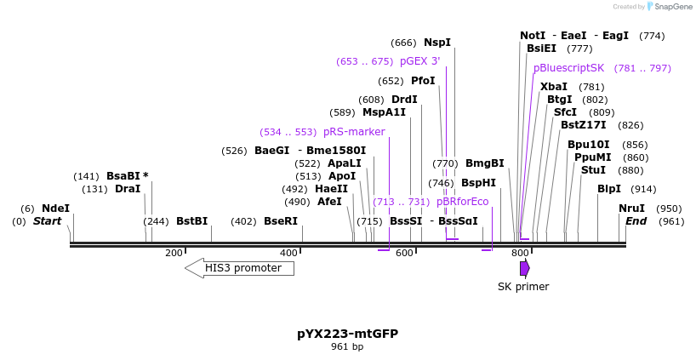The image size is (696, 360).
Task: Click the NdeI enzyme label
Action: (x=55, y=209)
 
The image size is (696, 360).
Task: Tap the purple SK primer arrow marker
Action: (x=524, y=268)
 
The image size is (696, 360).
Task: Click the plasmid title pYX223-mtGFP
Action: (x=347, y=334)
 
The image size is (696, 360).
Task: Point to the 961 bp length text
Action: (x=347, y=347)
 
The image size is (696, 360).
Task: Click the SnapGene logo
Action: (x=671, y=7)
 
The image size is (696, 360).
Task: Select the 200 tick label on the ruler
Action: (x=174, y=253)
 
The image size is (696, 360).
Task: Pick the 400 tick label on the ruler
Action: (x=289, y=253)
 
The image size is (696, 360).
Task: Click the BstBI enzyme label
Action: (x=191, y=221)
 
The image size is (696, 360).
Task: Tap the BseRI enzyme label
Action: (x=281, y=221)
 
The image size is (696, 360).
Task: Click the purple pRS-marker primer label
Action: (x=354, y=132)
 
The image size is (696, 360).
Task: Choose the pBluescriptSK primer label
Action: (x=568, y=68)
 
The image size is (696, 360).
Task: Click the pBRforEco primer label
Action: (x=462, y=202)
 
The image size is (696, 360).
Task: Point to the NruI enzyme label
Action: (x=631, y=209)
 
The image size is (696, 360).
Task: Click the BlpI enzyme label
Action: (x=608, y=189)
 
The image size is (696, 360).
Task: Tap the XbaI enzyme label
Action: (x=553, y=87)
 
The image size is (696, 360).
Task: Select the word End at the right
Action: (x=636, y=221)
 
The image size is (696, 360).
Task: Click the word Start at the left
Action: (x=48, y=221)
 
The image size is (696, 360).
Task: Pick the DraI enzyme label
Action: (x=128, y=189)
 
